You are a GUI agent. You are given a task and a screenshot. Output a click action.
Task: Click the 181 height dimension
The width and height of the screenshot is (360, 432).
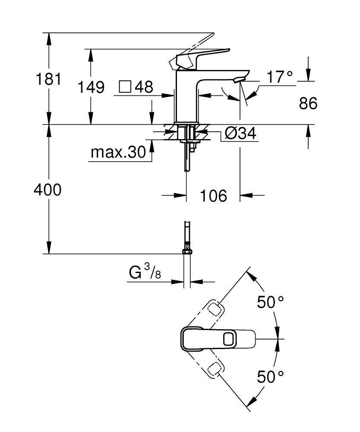[48, 79]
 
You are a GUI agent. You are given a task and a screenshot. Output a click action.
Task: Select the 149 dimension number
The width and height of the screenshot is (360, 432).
[91, 87]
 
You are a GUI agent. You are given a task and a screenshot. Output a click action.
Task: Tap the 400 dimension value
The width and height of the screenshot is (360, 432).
[47, 190]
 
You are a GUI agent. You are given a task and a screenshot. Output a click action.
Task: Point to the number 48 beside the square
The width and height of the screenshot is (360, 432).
[144, 87]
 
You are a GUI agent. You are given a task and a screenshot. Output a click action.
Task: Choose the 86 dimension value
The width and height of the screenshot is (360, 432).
[308, 103]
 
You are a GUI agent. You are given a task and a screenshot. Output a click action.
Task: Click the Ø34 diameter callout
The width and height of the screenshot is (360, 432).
[240, 133]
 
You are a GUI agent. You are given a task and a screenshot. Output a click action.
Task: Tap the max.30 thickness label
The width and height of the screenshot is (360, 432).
[118, 152]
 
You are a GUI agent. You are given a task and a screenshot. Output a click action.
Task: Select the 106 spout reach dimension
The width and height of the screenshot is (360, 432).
[213, 196]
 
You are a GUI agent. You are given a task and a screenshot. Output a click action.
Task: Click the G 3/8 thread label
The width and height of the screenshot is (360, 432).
[145, 272]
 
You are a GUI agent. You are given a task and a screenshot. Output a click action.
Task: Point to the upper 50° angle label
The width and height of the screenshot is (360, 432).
[270, 302]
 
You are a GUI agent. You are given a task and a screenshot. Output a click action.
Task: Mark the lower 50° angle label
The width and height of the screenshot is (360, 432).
[270, 377]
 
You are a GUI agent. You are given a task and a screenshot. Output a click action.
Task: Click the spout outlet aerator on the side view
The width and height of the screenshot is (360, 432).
[238, 80]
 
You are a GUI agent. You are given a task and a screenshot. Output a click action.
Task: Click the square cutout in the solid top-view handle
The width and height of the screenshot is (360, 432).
[229, 339]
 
